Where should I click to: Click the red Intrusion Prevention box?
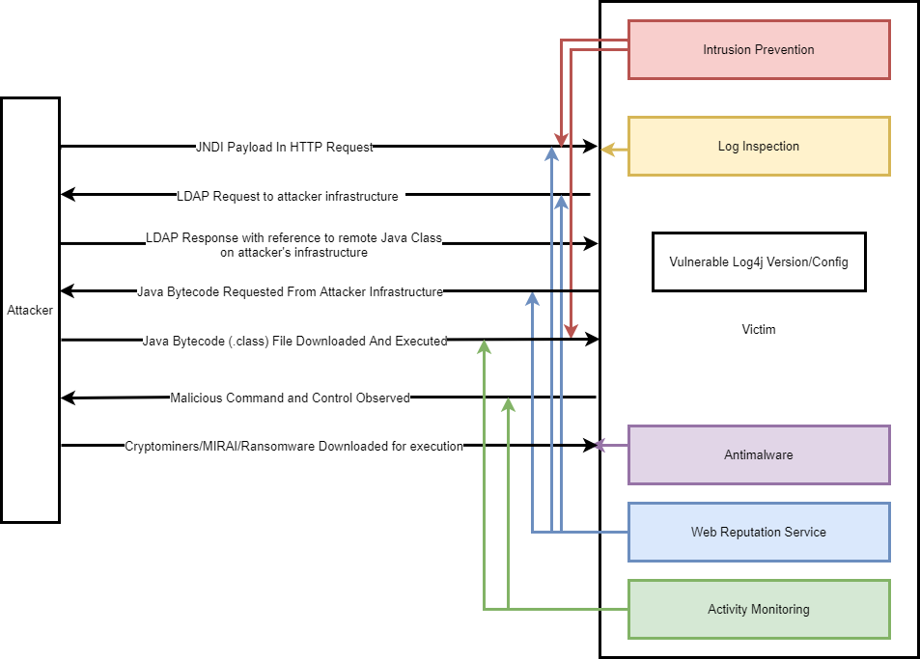click(758, 50)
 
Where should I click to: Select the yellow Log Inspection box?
click(758, 147)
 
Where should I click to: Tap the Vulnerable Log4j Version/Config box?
click(758, 261)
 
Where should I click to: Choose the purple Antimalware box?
click(758, 454)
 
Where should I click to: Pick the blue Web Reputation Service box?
click(758, 532)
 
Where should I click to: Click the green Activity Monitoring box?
click(758, 609)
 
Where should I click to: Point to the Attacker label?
click(30, 311)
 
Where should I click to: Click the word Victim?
click(758, 330)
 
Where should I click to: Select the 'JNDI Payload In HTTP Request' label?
click(284, 148)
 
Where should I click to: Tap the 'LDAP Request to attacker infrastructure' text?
click(288, 196)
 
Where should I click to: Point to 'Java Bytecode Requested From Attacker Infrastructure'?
click(290, 291)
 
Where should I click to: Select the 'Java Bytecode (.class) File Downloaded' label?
click(294, 341)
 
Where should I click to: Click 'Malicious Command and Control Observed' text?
click(290, 398)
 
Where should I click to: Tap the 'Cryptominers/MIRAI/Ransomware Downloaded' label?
click(293, 447)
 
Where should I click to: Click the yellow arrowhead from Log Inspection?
click(607, 149)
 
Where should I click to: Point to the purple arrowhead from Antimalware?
click(599, 446)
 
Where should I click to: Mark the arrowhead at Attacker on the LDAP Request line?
click(67, 195)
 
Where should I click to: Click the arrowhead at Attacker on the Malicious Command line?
click(67, 398)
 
